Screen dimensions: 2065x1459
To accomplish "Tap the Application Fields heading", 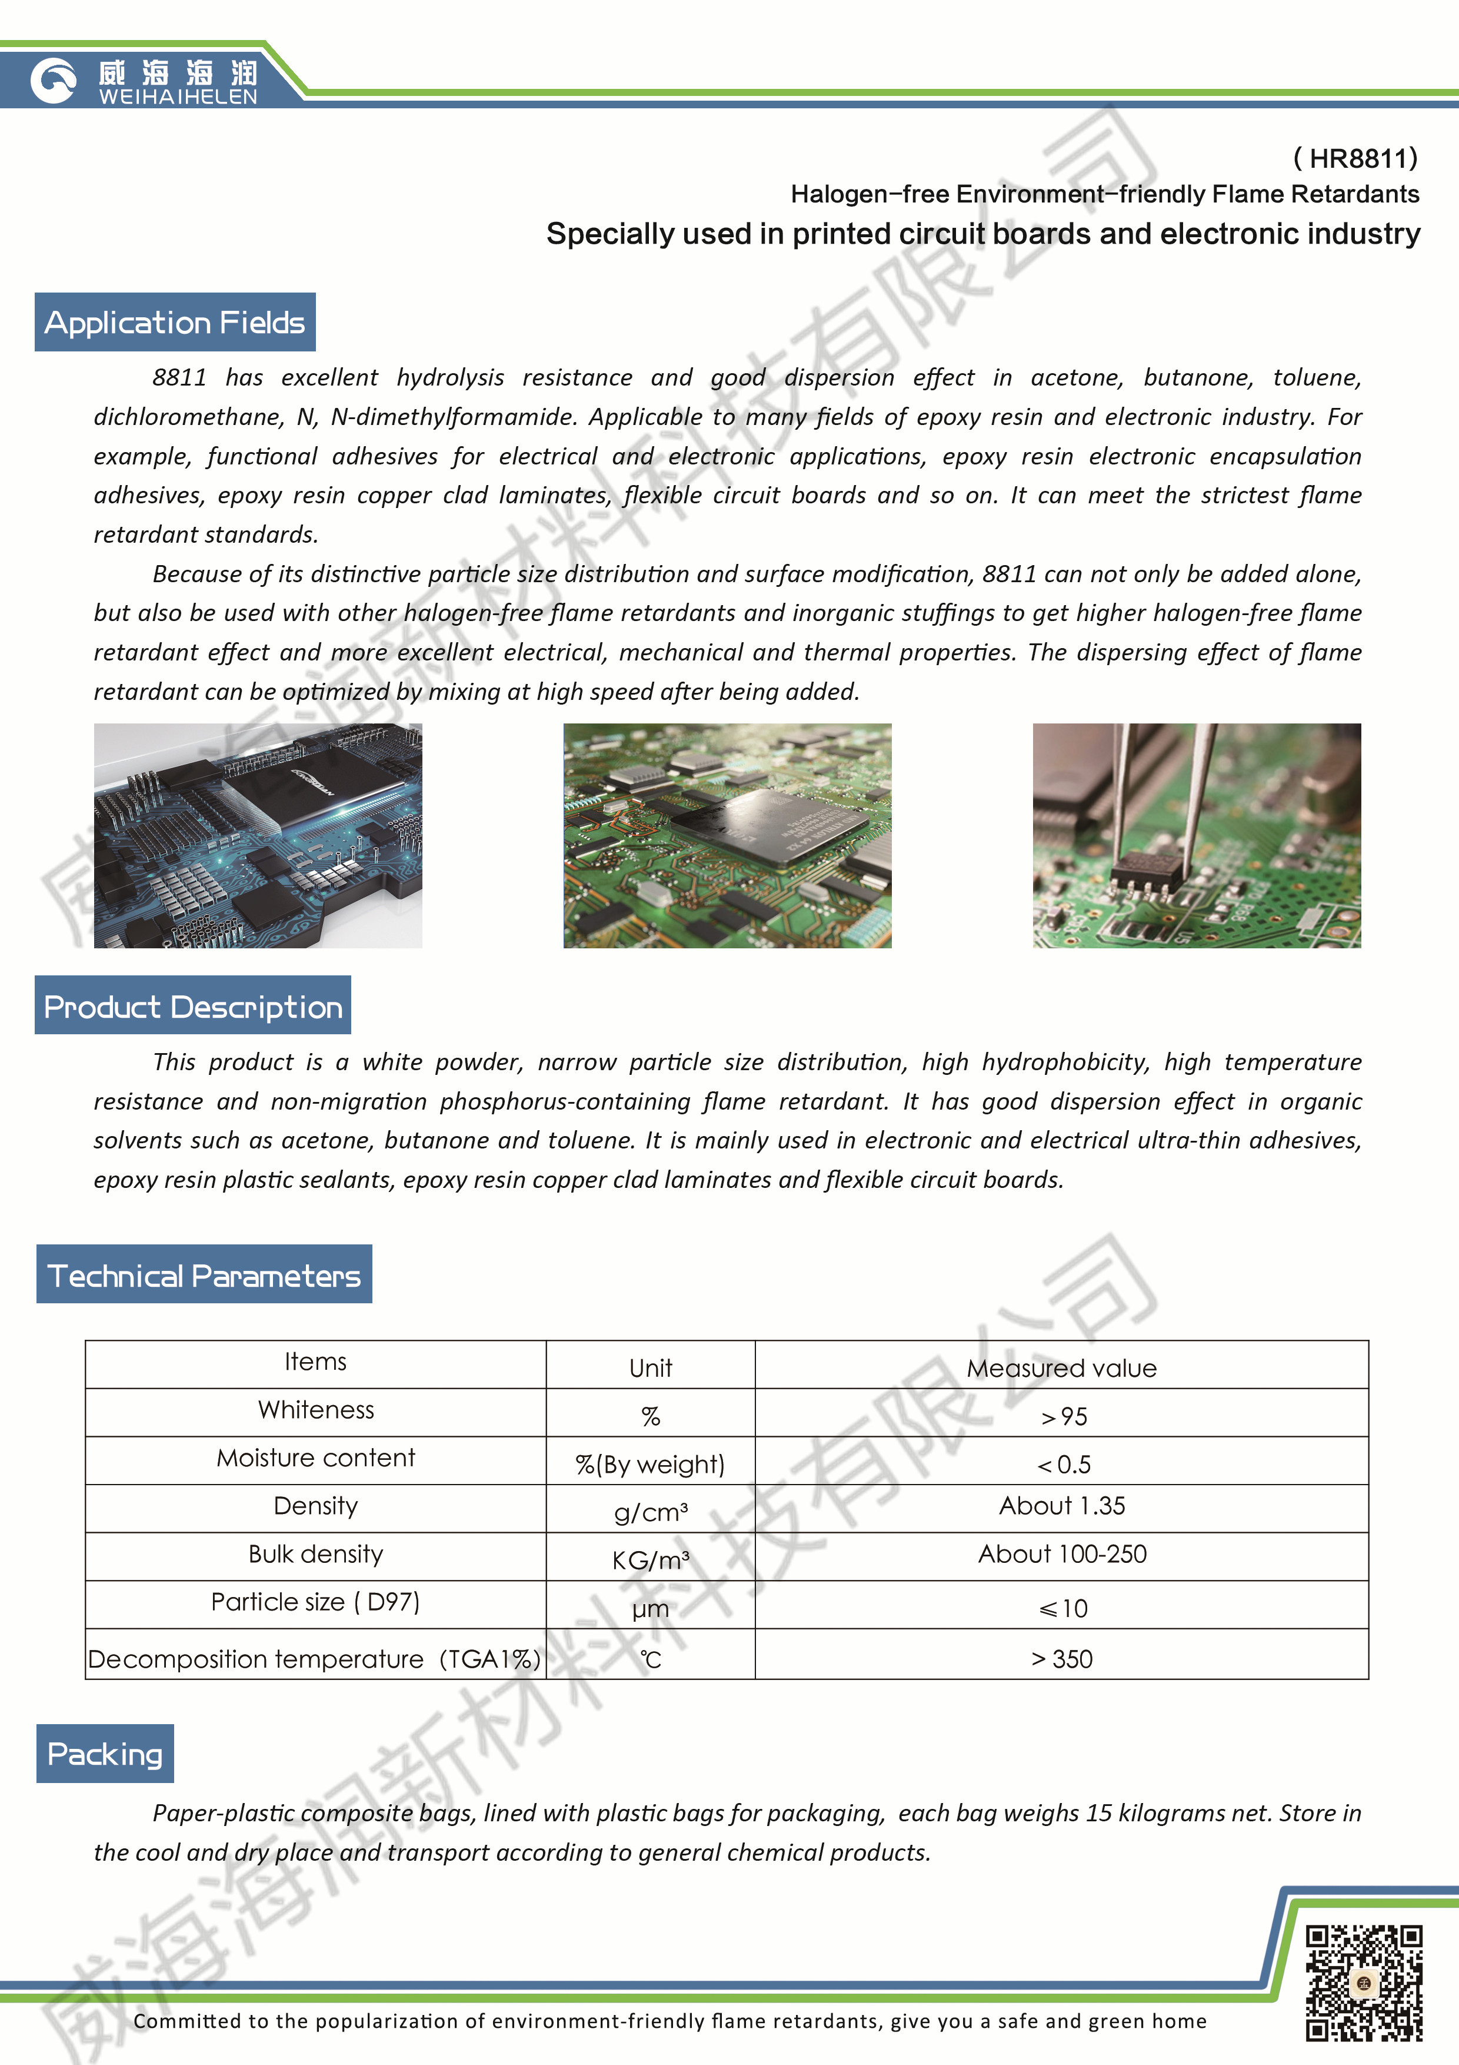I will pos(175,322).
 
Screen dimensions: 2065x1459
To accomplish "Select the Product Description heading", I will pos(194,1005).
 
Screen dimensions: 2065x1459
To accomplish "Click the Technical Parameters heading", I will pos(204,1274).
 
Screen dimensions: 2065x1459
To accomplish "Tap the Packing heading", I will pos(105,1753).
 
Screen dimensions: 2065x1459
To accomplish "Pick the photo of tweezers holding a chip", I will pos(1197,835).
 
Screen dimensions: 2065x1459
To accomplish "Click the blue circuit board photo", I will pos(258,835).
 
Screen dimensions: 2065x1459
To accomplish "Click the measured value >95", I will pos(1062,1416).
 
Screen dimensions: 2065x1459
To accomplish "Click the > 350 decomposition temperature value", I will pos(1062,1658).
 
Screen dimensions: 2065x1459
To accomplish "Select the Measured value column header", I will pos(1062,1368).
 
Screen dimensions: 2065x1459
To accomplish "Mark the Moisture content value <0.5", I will pos(1062,1464).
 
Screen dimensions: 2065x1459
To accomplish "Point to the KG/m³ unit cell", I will pos(651,1559).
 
